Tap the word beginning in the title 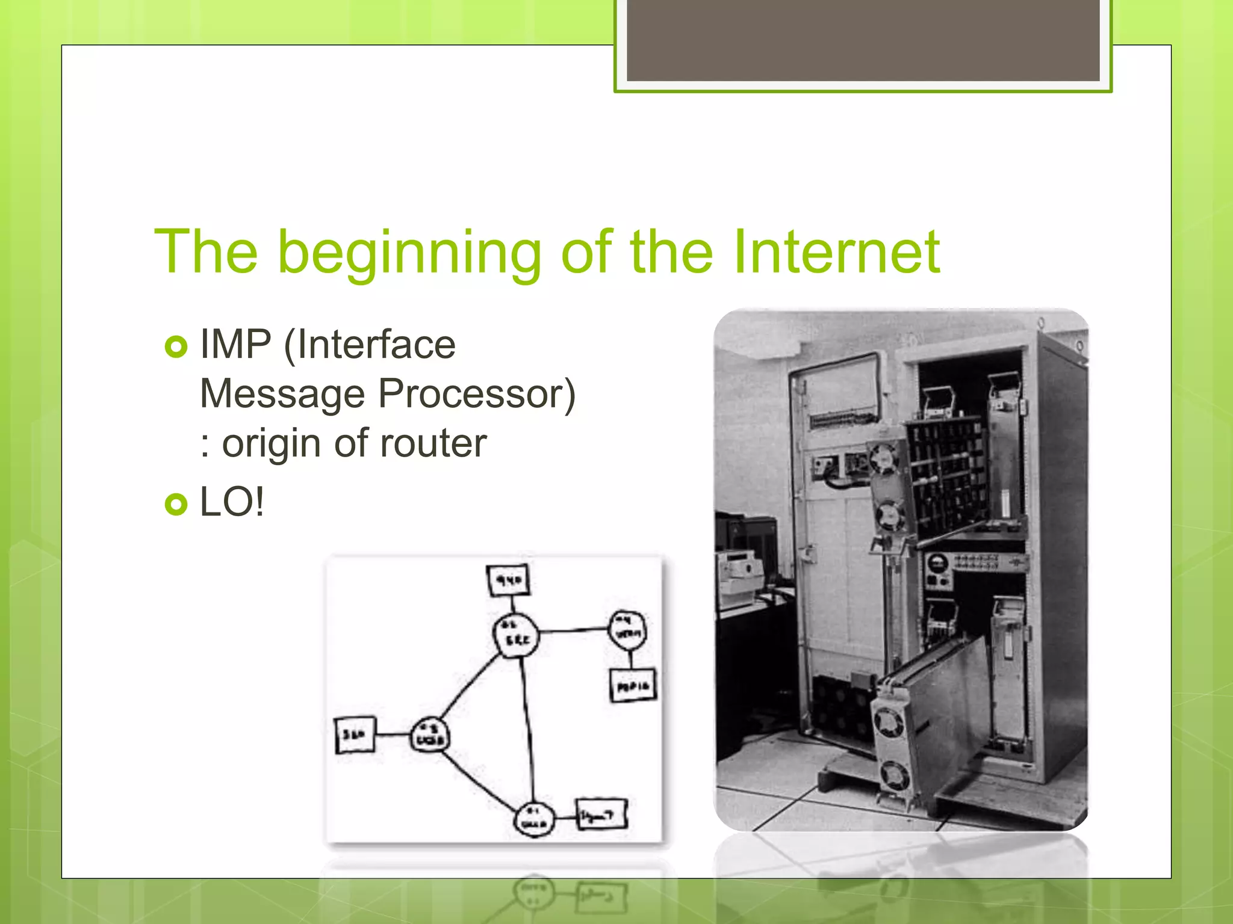[x=409, y=253]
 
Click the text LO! [x=232, y=502]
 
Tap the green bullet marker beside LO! [x=176, y=504]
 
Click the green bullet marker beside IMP [x=176, y=346]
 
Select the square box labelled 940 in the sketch [x=509, y=580]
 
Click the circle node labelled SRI [x=515, y=635]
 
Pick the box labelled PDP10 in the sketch [x=633, y=685]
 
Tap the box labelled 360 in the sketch [x=355, y=735]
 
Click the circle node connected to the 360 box [x=429, y=735]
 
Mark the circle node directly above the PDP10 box [x=628, y=629]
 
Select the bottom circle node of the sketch [x=533, y=818]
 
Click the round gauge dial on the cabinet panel [x=937, y=564]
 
